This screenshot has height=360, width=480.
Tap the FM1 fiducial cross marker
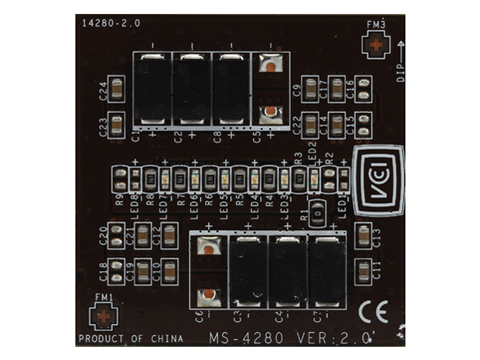[104, 316]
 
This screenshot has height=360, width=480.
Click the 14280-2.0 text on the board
[111, 24]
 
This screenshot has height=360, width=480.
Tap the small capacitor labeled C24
[117, 90]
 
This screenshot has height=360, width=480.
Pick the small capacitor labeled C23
[117, 123]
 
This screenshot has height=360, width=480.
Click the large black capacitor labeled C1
[152, 87]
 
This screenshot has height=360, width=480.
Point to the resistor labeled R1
[318, 211]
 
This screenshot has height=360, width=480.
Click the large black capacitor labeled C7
[327, 273]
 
